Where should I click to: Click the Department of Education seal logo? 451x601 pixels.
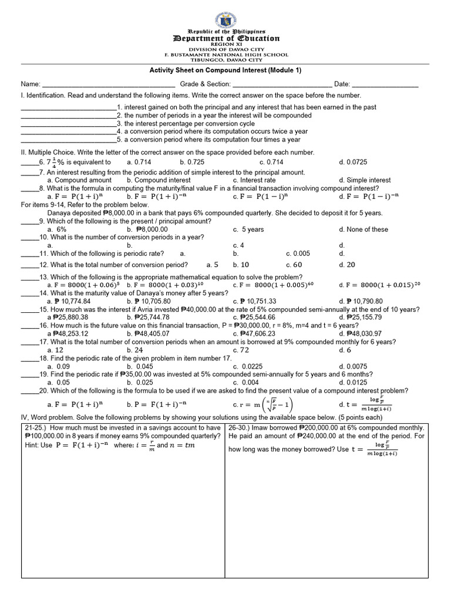[x=226, y=13]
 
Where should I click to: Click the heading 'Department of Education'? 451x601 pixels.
[x=226, y=38]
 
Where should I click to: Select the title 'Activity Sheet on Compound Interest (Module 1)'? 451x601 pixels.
[x=225, y=70]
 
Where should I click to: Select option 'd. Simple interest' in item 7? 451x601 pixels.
[x=365, y=180]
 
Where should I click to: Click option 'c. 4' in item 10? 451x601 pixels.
[x=238, y=245]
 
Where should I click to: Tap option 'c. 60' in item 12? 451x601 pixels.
[x=294, y=265]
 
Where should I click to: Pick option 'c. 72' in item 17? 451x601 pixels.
[x=240, y=350]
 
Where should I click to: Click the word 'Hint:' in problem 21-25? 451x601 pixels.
[x=34, y=445]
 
